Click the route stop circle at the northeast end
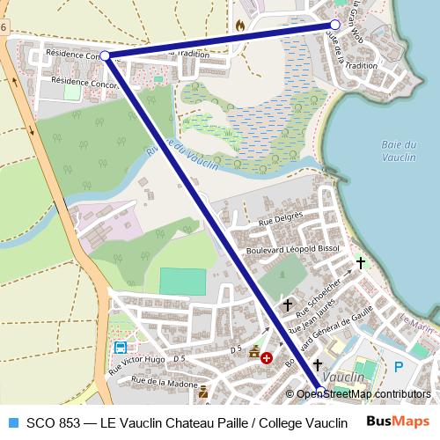tap(334, 26)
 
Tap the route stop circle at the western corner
tap(106, 55)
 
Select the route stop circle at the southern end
tap(320, 392)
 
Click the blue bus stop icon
tap(119, 347)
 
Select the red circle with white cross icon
tap(267, 359)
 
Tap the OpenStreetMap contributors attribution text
tap(363, 393)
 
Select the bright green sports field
tap(181, 281)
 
